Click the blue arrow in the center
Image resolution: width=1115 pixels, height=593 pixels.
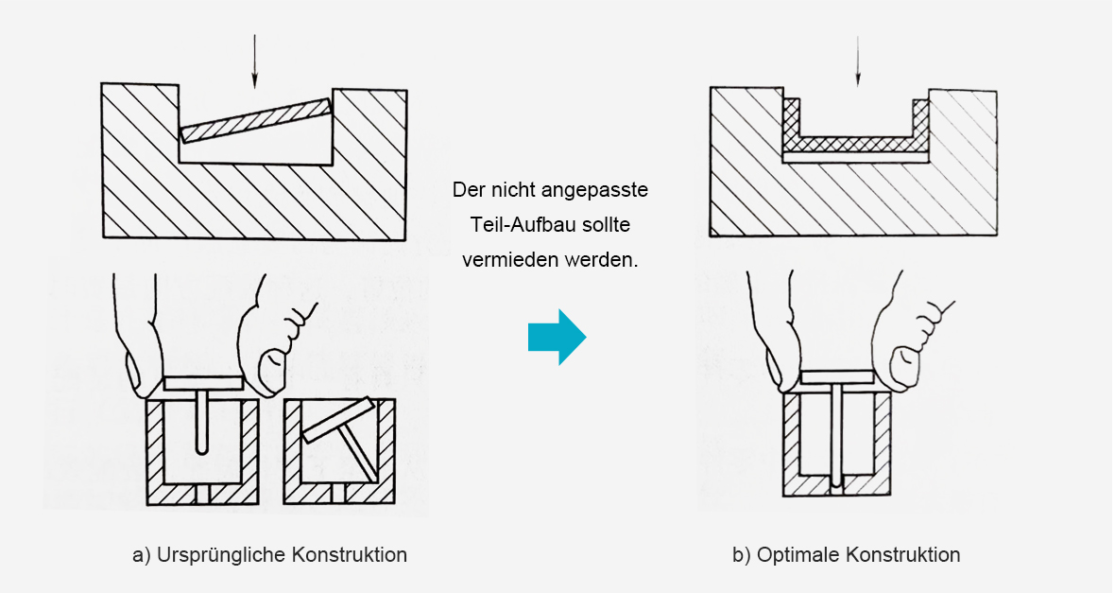[x=557, y=338]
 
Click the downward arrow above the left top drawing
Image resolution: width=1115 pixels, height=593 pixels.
[x=254, y=61]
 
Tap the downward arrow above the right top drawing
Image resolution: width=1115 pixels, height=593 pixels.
[x=858, y=61]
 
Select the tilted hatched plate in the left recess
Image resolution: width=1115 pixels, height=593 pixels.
[x=257, y=120]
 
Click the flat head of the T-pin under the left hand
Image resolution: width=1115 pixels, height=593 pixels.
[x=203, y=383]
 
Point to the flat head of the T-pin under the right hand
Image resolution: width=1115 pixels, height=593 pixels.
[x=837, y=377]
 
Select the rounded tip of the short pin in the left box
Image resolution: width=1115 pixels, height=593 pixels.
[x=203, y=450]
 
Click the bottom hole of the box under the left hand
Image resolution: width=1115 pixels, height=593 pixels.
[x=203, y=494]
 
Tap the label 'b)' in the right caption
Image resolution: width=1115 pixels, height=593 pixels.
[x=742, y=555]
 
